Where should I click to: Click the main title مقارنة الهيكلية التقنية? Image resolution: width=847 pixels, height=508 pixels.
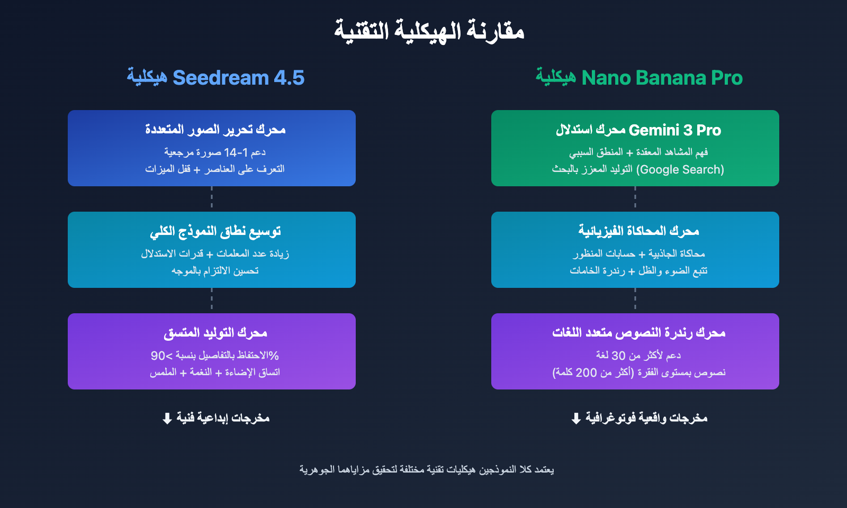[429, 31]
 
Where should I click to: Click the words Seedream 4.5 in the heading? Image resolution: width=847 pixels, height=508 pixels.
[238, 78]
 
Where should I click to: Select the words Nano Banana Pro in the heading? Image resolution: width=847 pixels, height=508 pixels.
[662, 78]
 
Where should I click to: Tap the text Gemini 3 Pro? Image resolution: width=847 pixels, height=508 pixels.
[674, 130]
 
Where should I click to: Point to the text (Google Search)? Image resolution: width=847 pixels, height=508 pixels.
[680, 169]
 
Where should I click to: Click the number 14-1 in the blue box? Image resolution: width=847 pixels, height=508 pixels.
[236, 152]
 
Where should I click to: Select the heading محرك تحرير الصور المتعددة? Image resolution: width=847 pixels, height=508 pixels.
[215, 130]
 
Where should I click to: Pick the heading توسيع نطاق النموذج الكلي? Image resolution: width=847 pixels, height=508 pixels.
[215, 231]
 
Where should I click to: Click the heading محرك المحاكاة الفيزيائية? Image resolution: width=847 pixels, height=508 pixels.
[638, 231]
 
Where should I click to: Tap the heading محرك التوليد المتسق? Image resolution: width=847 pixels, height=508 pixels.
[215, 333]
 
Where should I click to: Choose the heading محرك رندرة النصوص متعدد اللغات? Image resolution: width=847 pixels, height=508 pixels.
[638, 333]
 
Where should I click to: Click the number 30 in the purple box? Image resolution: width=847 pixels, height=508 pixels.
[619, 356]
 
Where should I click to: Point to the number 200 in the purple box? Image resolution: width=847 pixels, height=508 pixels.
[586, 373]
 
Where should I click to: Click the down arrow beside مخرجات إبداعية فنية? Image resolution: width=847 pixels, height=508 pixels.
[167, 419]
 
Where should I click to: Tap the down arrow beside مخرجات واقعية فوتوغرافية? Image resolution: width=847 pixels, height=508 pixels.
[576, 419]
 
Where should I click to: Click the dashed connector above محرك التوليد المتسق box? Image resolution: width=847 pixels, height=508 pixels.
[212, 300]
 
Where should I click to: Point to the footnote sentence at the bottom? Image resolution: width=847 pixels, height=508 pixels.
[427, 469]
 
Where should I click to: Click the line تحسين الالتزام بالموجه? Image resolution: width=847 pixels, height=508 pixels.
[215, 271]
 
